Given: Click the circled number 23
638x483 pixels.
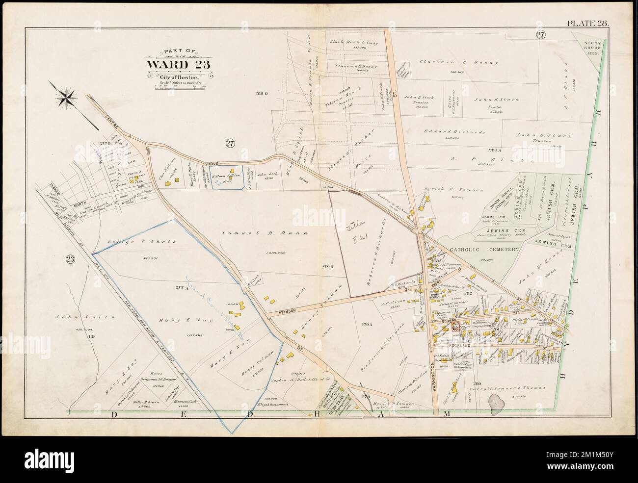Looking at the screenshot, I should click(69, 259).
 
